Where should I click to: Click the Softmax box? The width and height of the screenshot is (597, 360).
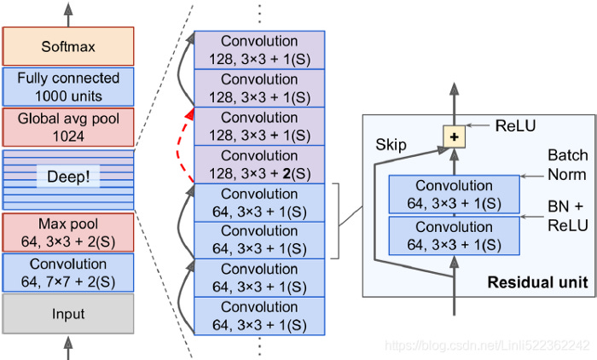click(x=68, y=46)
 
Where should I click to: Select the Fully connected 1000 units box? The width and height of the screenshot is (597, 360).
click(x=68, y=87)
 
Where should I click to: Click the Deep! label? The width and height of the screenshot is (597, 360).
click(x=68, y=179)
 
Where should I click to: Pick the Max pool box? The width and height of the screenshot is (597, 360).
click(x=68, y=231)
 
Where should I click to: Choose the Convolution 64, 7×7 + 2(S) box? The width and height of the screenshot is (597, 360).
click(x=68, y=272)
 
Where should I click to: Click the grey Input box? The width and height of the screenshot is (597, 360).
click(x=68, y=314)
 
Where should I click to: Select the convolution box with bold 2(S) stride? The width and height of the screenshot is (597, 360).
click(x=259, y=165)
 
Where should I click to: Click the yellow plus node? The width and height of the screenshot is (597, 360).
click(x=454, y=136)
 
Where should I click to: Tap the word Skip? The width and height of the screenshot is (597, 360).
click(x=390, y=146)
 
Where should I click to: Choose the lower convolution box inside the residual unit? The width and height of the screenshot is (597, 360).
click(x=453, y=235)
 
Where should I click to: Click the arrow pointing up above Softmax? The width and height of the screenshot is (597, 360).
click(x=68, y=12)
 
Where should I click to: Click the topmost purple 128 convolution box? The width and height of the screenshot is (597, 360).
click(x=259, y=50)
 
